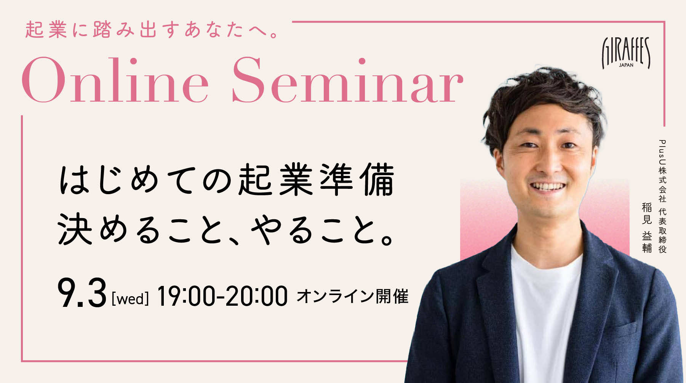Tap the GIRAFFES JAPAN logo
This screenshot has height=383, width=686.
(626, 53)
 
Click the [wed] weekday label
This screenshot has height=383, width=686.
(130, 298)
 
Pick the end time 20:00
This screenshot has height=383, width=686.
(256, 296)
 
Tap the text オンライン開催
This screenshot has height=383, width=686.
(352, 296)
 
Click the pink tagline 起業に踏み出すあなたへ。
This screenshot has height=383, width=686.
(152, 30)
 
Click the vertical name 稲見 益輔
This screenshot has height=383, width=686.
(647, 228)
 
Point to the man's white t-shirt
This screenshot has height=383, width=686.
(546, 312)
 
